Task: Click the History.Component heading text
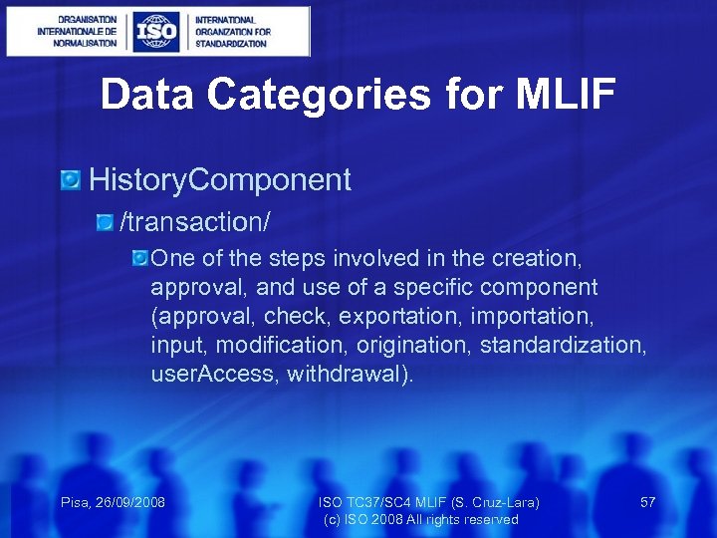(220, 180)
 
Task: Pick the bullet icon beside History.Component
(71, 180)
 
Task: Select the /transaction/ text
(195, 218)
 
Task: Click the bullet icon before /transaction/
(105, 218)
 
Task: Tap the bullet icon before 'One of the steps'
(139, 258)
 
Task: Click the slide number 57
(647, 502)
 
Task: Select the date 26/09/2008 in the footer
(130, 502)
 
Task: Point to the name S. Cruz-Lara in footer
(494, 502)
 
